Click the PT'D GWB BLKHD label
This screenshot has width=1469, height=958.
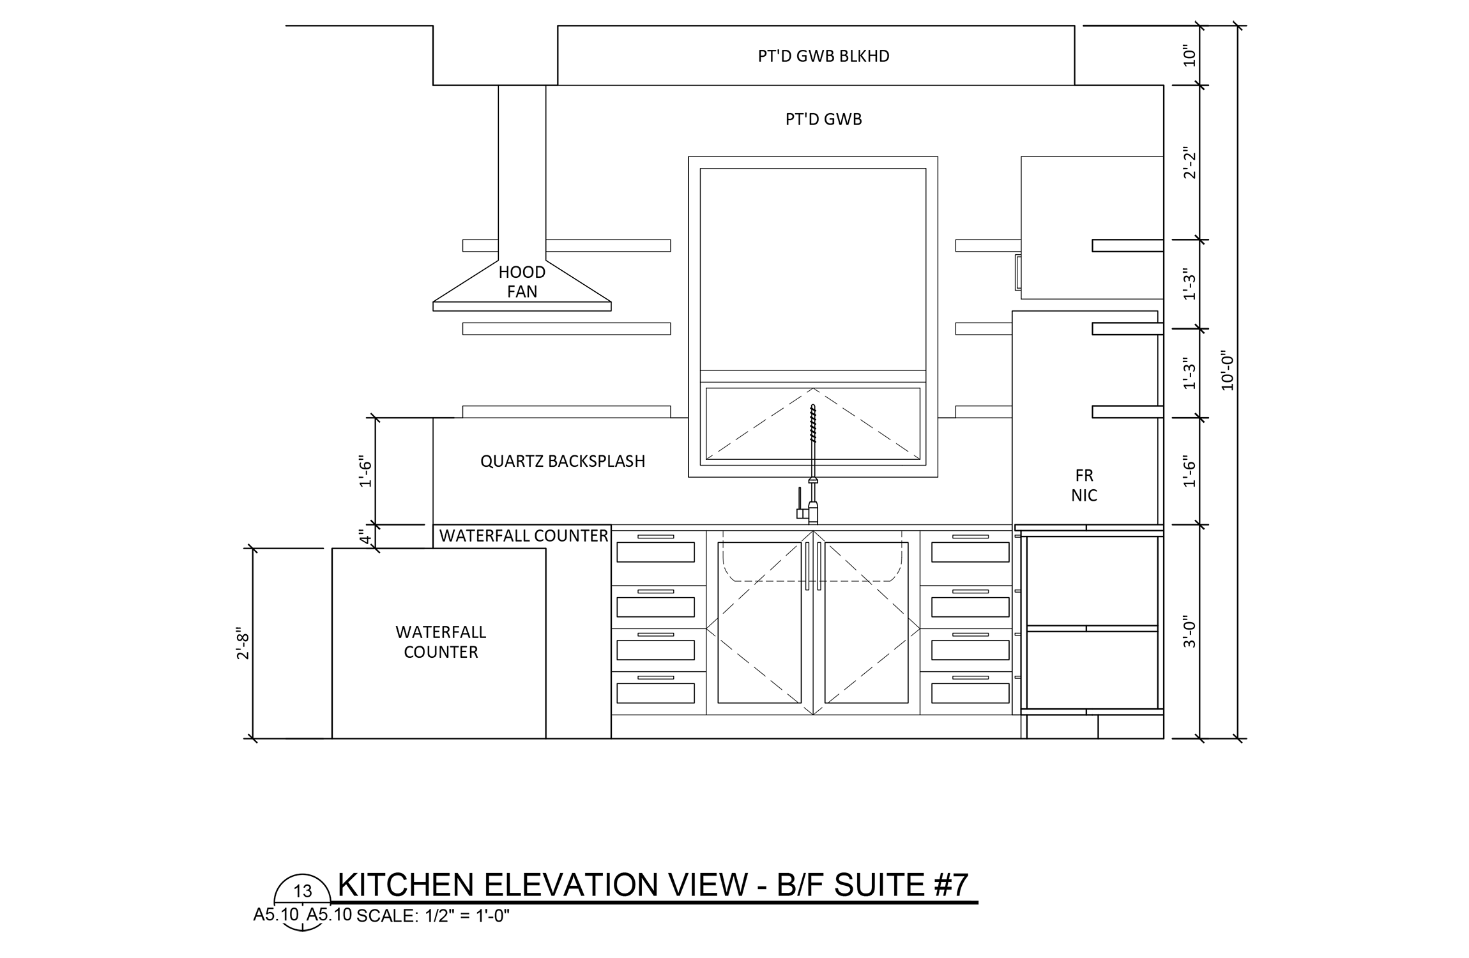(x=823, y=56)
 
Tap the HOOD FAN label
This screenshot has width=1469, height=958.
(x=522, y=282)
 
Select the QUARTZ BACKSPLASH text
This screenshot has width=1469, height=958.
(x=563, y=461)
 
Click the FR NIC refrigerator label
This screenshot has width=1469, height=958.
(x=1085, y=485)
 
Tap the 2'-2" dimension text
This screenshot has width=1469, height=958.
(x=1189, y=163)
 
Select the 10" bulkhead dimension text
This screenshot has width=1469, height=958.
(x=1189, y=56)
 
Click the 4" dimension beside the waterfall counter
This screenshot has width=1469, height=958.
(x=365, y=536)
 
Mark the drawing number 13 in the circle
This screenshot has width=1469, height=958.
(x=303, y=891)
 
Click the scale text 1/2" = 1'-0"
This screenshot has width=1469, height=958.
(x=464, y=916)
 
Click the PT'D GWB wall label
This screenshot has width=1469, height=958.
(x=824, y=119)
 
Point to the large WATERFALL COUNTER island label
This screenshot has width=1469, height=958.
(x=441, y=642)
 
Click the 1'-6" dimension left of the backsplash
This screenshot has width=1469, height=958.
(x=365, y=471)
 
